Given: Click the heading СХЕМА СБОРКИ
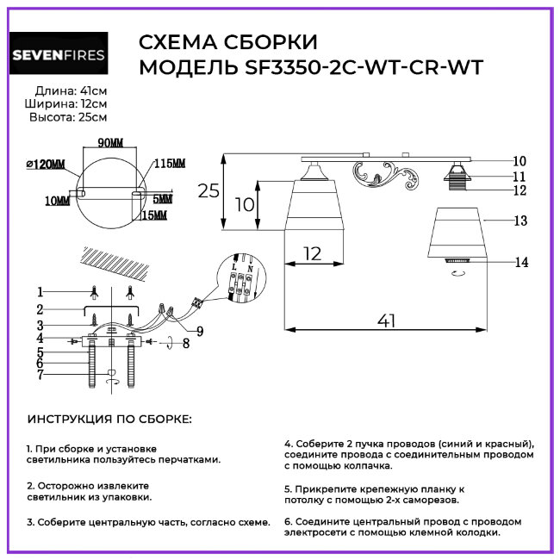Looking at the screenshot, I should (227, 43).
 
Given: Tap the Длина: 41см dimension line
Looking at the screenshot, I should (72, 90).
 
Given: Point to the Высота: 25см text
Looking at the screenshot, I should (68, 117).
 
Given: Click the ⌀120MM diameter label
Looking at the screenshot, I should (47, 164).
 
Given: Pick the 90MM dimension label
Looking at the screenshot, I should (109, 142).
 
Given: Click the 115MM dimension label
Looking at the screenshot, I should (169, 164).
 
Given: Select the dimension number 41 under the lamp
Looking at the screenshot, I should (387, 320).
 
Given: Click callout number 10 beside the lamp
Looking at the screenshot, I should (519, 160).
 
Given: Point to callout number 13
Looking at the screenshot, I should (519, 221).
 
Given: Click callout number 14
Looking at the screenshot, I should (519, 263).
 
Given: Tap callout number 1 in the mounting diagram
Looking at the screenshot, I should (40, 290).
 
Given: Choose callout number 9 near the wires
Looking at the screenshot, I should (200, 330).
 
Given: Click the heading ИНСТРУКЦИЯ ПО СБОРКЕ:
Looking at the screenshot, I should (110, 419).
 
